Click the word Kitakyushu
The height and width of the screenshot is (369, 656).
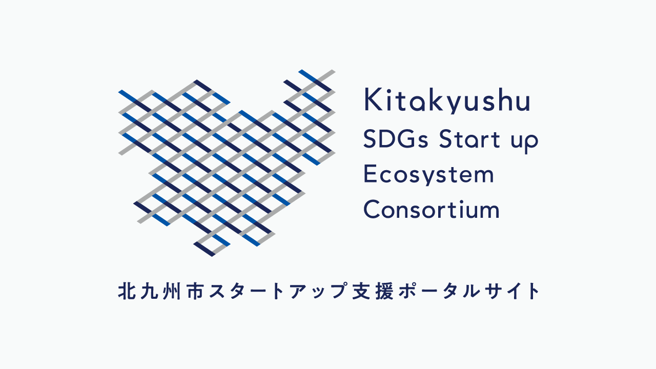click(x=447, y=101)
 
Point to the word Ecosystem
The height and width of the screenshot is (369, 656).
click(x=429, y=175)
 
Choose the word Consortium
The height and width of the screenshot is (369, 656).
click(x=432, y=210)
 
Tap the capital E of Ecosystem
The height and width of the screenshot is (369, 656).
click(x=369, y=174)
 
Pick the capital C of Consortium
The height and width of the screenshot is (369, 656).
click(x=372, y=209)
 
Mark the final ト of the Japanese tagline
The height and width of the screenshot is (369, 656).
click(x=533, y=291)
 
